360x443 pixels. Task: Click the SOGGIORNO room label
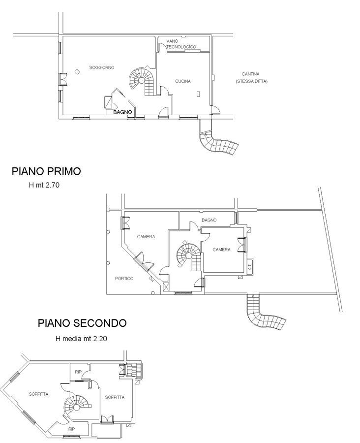[102, 67]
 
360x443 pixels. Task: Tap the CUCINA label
[182, 81]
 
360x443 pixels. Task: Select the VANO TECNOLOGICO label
[181, 44]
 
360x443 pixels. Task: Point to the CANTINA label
[250, 74]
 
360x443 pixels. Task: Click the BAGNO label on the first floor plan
[122, 112]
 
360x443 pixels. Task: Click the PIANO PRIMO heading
[46, 171]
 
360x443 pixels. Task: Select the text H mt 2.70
[44, 186]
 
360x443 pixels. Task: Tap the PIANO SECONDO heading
[82, 323]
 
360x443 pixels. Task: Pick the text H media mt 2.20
[81, 339]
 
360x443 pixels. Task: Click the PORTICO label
[124, 279]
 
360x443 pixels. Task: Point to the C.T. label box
[250, 266]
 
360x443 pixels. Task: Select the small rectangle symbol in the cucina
[199, 94]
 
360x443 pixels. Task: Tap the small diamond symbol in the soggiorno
[77, 72]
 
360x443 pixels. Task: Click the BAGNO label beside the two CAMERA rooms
[209, 220]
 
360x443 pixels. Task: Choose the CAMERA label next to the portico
[146, 237]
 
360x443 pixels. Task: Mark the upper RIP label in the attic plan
[78, 372]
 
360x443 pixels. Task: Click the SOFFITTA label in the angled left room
[38, 394]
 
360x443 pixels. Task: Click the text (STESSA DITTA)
[252, 81]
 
